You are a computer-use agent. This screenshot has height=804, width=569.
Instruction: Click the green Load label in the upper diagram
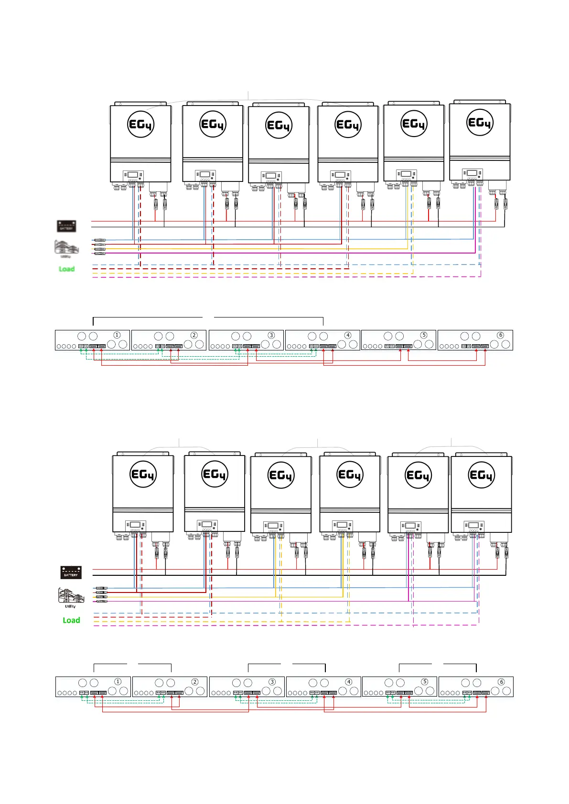[66, 269]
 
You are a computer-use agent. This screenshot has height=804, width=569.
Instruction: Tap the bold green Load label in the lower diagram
[71, 620]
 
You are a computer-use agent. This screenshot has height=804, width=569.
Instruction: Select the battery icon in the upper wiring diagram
[66, 226]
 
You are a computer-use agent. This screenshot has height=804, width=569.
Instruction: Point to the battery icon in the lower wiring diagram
[71, 572]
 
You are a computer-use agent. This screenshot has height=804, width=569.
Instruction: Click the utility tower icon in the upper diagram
[65, 247]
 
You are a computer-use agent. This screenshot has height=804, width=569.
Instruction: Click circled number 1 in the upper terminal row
[117, 335]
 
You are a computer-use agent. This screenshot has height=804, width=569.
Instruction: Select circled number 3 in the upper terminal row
[271, 335]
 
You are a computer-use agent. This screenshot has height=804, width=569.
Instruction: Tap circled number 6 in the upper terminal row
[501, 335]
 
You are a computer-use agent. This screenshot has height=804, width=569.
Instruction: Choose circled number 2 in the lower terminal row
[195, 682]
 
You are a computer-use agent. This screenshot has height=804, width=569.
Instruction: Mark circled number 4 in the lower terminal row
[349, 682]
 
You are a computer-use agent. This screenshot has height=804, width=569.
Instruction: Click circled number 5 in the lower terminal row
[425, 682]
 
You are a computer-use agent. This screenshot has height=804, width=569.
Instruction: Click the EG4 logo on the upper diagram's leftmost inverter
[140, 125]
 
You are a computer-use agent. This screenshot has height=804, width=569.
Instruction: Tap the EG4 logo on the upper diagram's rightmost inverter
[480, 123]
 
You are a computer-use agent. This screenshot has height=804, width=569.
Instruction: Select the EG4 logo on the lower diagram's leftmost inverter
[143, 475]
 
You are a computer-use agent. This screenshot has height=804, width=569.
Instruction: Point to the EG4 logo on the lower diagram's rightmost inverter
[481, 475]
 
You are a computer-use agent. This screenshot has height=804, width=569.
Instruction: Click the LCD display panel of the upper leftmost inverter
[133, 175]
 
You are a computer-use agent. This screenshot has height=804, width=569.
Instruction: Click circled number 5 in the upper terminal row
[424, 335]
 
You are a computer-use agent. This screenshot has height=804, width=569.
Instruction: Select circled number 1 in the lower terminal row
[118, 682]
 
